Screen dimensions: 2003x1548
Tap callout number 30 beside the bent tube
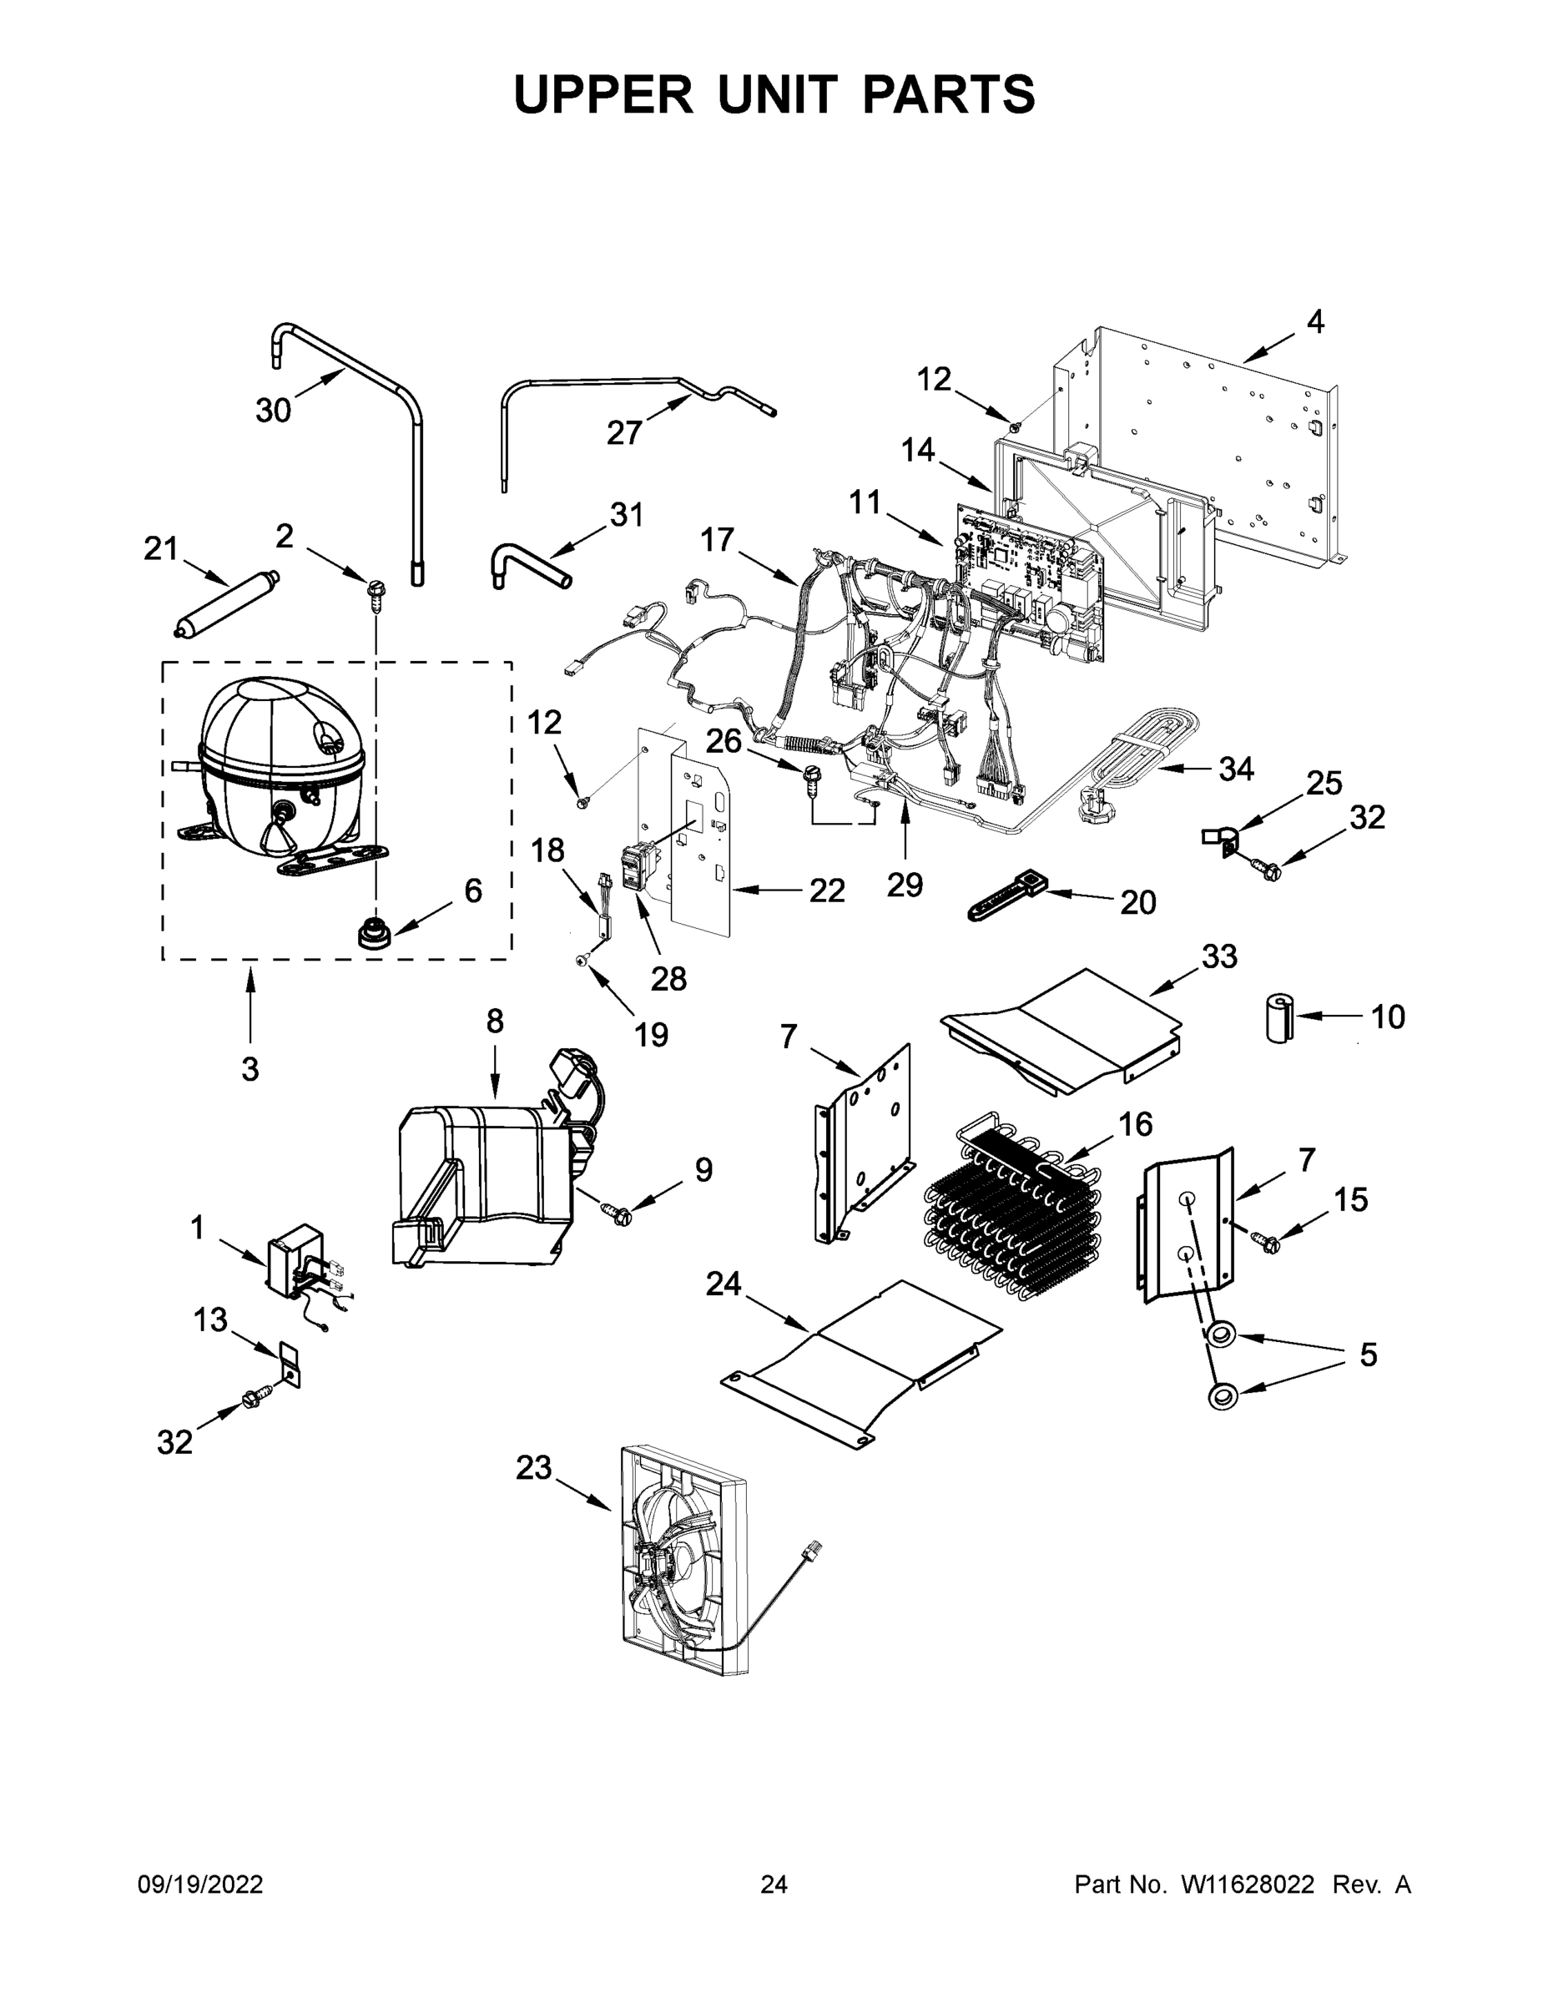pyautogui.click(x=273, y=411)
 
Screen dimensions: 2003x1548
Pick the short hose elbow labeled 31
pyautogui.click(x=530, y=565)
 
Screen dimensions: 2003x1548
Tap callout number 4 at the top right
pyautogui.click(x=1315, y=323)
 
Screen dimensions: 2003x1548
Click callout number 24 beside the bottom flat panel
pyautogui.click(x=723, y=1284)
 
